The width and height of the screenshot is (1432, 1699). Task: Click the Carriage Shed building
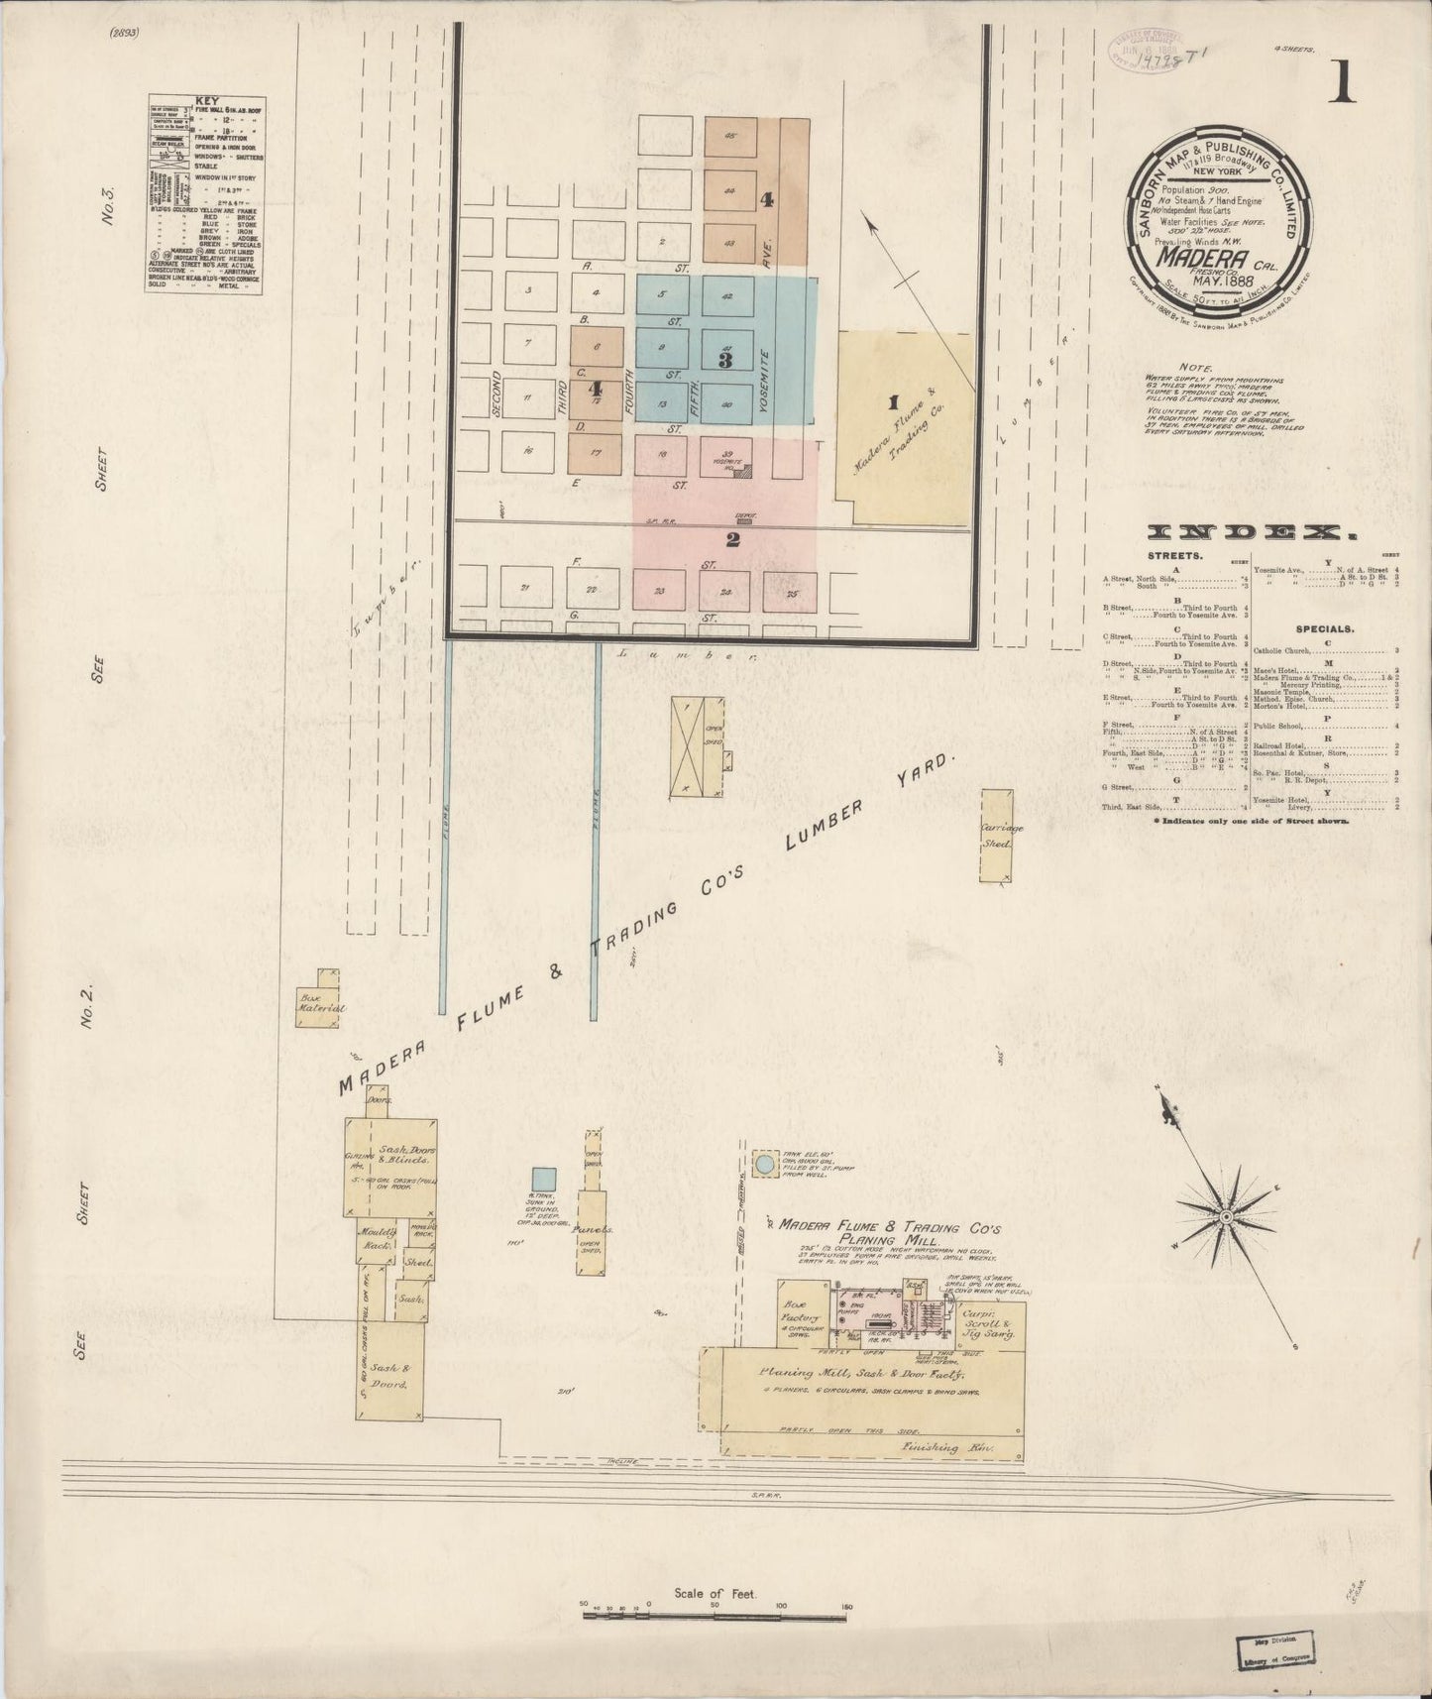coord(996,835)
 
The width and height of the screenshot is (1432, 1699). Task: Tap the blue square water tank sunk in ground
coord(543,1180)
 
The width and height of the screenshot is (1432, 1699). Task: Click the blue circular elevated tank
coord(764,1165)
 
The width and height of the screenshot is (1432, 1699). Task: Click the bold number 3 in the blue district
coord(725,360)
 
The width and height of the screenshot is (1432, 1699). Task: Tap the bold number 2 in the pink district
coord(732,539)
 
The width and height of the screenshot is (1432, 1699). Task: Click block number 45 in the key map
coord(730,137)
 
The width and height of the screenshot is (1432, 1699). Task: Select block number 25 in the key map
coord(791,593)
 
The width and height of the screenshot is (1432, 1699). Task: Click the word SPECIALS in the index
coord(1325,628)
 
